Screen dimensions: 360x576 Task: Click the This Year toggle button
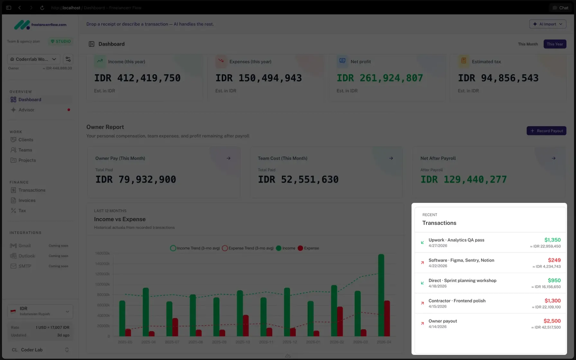click(x=554, y=44)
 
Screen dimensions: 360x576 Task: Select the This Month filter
click(x=527, y=44)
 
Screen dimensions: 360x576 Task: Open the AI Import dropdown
click(x=547, y=24)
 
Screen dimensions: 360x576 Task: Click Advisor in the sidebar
click(x=26, y=110)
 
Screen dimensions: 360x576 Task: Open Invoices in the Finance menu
click(x=27, y=201)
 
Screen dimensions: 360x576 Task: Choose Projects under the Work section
click(x=27, y=160)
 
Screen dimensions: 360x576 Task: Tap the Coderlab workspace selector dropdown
click(x=33, y=59)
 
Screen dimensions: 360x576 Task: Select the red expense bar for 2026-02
click(x=340, y=321)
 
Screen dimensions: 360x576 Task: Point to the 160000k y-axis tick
click(x=102, y=253)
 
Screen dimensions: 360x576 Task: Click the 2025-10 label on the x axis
click(x=243, y=342)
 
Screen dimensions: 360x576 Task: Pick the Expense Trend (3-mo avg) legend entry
click(x=248, y=248)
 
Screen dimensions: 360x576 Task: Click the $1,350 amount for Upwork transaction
click(x=552, y=240)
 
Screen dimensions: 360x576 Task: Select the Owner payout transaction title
click(x=443, y=321)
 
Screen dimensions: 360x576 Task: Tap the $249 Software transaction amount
click(x=554, y=260)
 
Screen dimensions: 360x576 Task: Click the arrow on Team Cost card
click(x=391, y=158)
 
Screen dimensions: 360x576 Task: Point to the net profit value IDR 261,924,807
click(x=380, y=78)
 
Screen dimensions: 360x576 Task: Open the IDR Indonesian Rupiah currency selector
click(x=40, y=311)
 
